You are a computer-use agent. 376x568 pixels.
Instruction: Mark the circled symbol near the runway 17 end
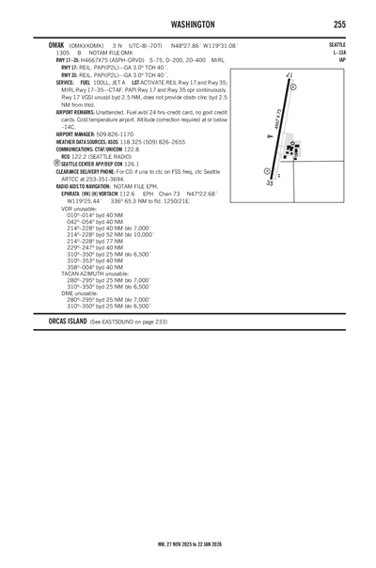(x=292, y=86)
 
